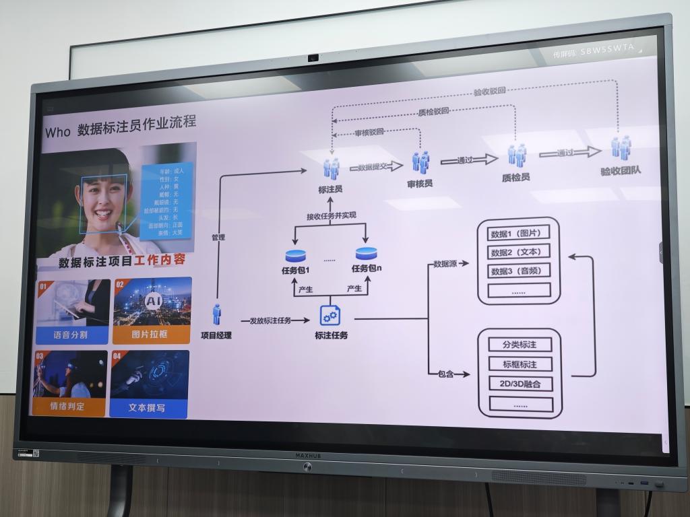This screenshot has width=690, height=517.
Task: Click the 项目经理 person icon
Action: coord(217,314)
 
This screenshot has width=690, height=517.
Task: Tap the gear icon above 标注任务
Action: coord(330,315)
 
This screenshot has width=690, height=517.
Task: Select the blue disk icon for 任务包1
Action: coord(295,256)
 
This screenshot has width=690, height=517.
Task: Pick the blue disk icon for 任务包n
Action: coord(366,254)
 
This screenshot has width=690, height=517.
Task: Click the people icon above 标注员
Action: coord(331,168)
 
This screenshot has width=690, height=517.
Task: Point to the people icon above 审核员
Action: coord(420,162)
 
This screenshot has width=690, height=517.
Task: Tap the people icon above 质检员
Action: coord(517,156)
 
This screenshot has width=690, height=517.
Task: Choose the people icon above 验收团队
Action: coord(621,147)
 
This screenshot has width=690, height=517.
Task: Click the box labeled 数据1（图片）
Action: coord(517,234)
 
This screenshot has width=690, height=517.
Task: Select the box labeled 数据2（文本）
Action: coord(517,252)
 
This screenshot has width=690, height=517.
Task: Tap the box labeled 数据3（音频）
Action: coord(517,271)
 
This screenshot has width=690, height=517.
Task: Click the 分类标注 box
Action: coord(519,345)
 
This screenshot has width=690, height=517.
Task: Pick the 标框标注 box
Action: coord(519,364)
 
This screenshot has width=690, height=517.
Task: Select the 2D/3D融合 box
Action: coord(520,384)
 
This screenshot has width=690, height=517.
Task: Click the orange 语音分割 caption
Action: coord(71,335)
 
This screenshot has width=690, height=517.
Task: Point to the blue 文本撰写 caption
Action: coord(148,408)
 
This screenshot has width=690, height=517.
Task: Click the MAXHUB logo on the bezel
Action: coord(308,456)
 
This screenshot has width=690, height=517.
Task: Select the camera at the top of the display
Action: coord(313,58)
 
